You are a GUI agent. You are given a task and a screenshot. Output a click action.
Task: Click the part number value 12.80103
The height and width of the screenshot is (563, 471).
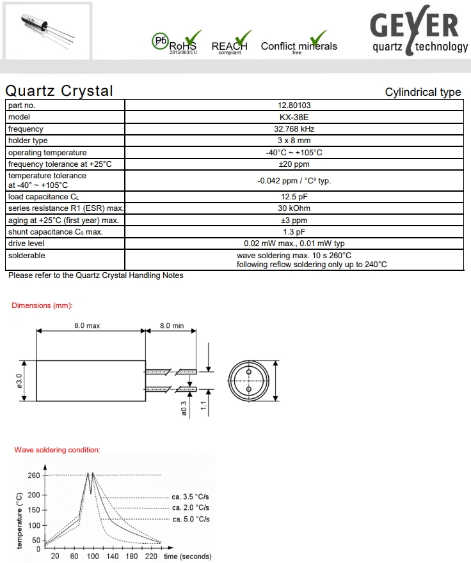(x=294, y=105)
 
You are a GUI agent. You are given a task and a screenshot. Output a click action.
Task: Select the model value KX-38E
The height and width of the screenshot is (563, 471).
(x=294, y=117)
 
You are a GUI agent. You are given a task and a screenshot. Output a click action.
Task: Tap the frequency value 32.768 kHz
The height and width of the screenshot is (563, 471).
(x=294, y=129)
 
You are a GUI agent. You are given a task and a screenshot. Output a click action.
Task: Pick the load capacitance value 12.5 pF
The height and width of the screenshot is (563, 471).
(x=294, y=197)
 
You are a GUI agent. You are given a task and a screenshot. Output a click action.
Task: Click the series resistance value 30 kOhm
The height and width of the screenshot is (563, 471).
(x=294, y=208)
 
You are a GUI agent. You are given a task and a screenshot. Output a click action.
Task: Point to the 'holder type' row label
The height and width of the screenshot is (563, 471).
(x=28, y=141)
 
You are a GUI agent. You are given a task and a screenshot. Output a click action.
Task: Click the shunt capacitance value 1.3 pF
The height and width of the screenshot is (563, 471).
(x=294, y=232)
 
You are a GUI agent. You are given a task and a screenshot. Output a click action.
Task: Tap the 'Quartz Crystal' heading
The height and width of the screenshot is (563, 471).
(x=59, y=91)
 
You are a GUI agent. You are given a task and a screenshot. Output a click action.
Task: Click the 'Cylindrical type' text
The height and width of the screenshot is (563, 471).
(x=422, y=92)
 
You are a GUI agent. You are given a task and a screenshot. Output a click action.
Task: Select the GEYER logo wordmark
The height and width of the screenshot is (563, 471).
(x=415, y=26)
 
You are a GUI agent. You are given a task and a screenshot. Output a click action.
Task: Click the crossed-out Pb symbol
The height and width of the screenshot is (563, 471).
(x=159, y=41)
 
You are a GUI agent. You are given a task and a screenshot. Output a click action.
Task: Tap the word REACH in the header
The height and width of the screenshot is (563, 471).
(x=229, y=46)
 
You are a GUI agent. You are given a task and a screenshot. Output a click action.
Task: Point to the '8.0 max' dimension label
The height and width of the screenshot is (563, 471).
(x=87, y=326)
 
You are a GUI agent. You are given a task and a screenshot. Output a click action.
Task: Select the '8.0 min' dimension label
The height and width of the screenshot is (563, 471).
(x=171, y=326)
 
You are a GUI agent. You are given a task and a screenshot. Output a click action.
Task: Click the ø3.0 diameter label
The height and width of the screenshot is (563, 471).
(x=19, y=382)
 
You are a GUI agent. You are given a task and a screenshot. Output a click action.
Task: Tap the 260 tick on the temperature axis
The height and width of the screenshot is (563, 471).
(x=33, y=475)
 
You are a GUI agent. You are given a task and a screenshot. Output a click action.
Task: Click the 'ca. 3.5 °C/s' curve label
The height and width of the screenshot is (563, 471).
(x=191, y=496)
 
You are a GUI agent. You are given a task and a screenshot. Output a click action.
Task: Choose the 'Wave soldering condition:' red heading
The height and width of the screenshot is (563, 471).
(x=57, y=450)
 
